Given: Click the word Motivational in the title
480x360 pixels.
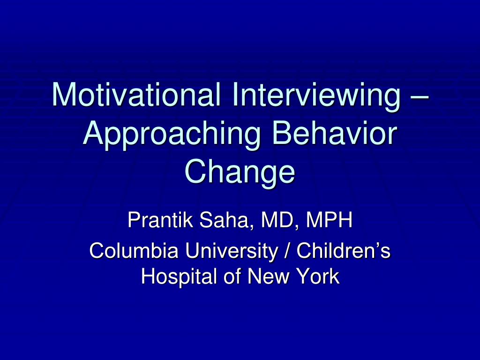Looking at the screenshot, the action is click(136, 94).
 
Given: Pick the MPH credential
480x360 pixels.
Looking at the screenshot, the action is click(329, 219).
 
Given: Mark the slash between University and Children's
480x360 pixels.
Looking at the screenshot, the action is click(287, 250).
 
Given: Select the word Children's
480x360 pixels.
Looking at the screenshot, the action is click(344, 250).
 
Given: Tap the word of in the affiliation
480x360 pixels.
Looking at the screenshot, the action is click(232, 276).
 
